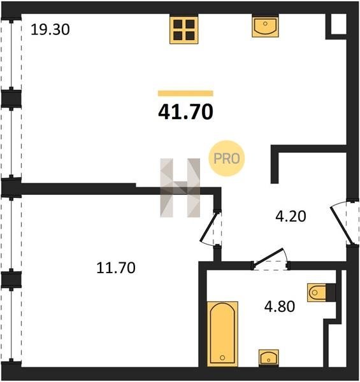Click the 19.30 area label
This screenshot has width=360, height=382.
click(50, 30)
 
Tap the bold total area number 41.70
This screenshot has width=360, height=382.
click(185, 112)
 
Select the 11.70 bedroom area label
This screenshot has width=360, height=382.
click(116, 267)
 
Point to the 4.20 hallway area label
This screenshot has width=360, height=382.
click(291, 216)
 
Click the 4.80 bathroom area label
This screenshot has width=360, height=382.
click(280, 306)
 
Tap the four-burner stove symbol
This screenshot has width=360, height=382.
click(184, 29)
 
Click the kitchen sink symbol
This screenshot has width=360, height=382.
click(265, 26)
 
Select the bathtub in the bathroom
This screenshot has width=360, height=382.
click(222, 334)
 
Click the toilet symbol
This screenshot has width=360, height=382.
click(317, 292)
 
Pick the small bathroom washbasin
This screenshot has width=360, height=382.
click(269, 358)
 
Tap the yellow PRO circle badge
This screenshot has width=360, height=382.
click(227, 159)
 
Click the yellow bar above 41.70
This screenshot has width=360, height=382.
click(185, 94)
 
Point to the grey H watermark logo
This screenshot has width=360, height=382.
click(180, 188)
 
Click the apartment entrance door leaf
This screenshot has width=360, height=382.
click(342, 225)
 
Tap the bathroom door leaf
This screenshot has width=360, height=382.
click(268, 257)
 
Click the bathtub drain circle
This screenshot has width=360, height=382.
click(222, 358)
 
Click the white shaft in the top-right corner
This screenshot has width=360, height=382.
click(338, 24)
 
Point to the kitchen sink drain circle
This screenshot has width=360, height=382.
click(265, 24)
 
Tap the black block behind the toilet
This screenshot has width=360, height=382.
click(331, 292)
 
